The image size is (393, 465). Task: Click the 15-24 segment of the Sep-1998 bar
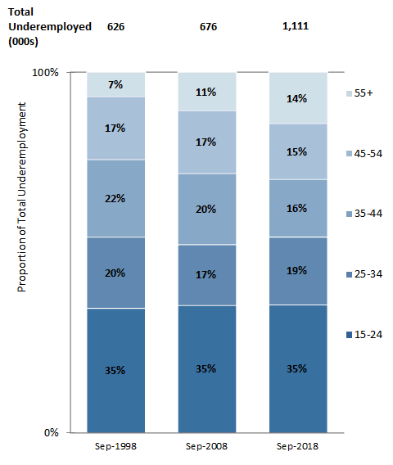point(116,370)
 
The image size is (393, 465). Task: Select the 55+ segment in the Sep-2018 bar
point(298,98)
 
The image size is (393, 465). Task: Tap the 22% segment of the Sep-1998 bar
point(116,198)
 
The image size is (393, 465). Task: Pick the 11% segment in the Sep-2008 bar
point(206,92)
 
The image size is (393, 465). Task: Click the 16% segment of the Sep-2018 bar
point(298,208)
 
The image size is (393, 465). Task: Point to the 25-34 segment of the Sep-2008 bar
point(206,275)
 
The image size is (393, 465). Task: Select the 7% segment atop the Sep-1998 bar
point(116,84)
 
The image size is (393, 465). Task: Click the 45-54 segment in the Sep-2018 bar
point(298,151)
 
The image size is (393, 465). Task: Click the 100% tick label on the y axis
point(46,73)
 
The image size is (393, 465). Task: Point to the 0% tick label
point(51,432)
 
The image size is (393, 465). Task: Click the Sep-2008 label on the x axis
point(206,447)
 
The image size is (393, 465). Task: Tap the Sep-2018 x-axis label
point(298,447)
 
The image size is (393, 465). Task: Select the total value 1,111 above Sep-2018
point(295,26)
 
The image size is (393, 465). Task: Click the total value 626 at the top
point(115,26)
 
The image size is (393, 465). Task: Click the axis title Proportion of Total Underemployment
point(22,197)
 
